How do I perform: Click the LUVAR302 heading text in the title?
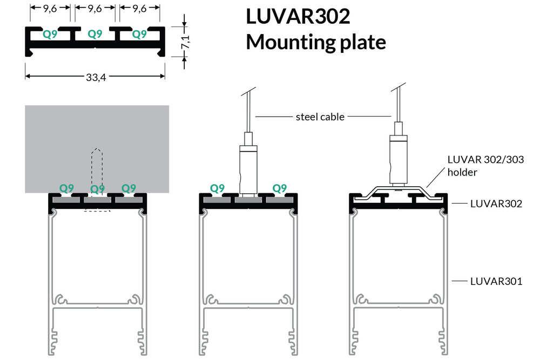(x=298, y=16)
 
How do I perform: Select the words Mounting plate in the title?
(x=316, y=42)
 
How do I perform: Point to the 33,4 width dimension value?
(x=94, y=78)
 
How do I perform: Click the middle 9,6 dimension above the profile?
(x=95, y=9)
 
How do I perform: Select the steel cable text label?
(x=320, y=117)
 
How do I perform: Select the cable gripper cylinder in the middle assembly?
(x=248, y=167)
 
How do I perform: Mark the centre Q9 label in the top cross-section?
(x=95, y=34)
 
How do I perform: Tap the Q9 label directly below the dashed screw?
(x=97, y=189)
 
